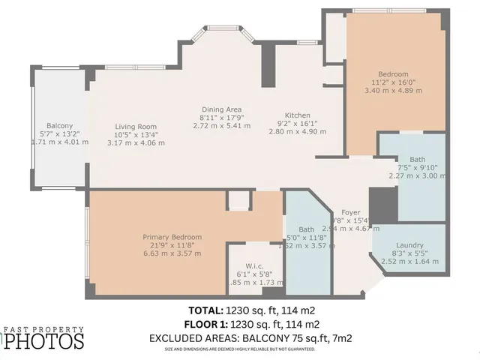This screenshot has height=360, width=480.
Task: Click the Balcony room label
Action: coord(59,125)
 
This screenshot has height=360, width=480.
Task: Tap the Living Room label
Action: coord(136,126)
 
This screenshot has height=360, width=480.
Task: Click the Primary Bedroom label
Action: coord(172,237)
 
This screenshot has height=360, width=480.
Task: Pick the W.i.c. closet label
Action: coord(245,253)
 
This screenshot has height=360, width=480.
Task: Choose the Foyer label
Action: coord(351,212)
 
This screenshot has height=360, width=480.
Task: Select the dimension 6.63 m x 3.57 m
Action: coord(172,253)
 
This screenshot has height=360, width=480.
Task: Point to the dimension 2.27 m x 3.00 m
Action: coord(416,176)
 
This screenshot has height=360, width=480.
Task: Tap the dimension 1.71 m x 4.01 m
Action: coord(59,142)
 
